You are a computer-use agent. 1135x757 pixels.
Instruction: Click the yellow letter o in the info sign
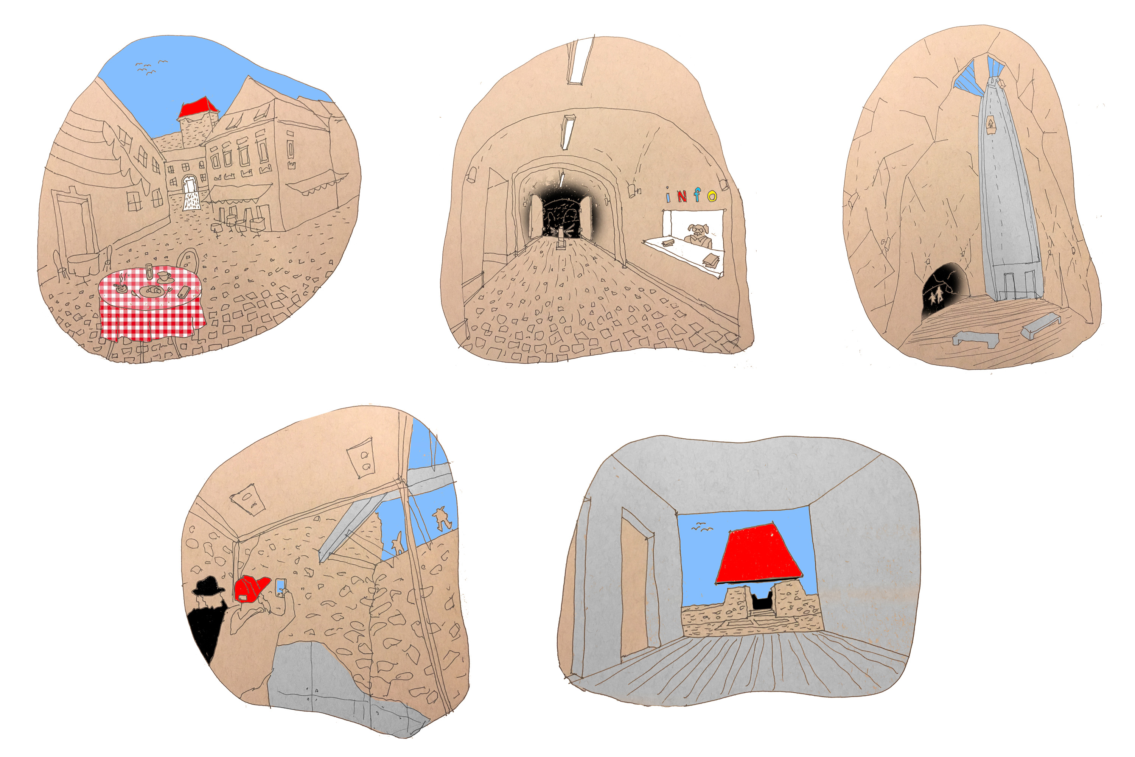[x=712, y=196]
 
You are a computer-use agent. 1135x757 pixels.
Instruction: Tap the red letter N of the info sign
[x=681, y=196]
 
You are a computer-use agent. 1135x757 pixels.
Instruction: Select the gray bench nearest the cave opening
[x=975, y=338]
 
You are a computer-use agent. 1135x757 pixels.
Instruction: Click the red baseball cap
[x=252, y=589]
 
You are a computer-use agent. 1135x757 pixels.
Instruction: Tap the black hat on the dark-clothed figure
[x=208, y=585]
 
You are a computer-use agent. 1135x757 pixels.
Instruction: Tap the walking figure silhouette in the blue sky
[x=440, y=519]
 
